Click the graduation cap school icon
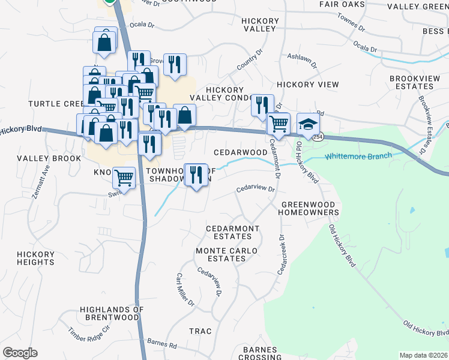[308, 124]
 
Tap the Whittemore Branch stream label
[358, 156]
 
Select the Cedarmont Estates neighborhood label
[232, 233]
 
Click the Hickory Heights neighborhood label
[36, 258]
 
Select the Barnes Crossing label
[259, 353]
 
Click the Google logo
[20, 353]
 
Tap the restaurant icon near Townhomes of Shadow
[196, 175]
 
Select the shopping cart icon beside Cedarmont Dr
[279, 124]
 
